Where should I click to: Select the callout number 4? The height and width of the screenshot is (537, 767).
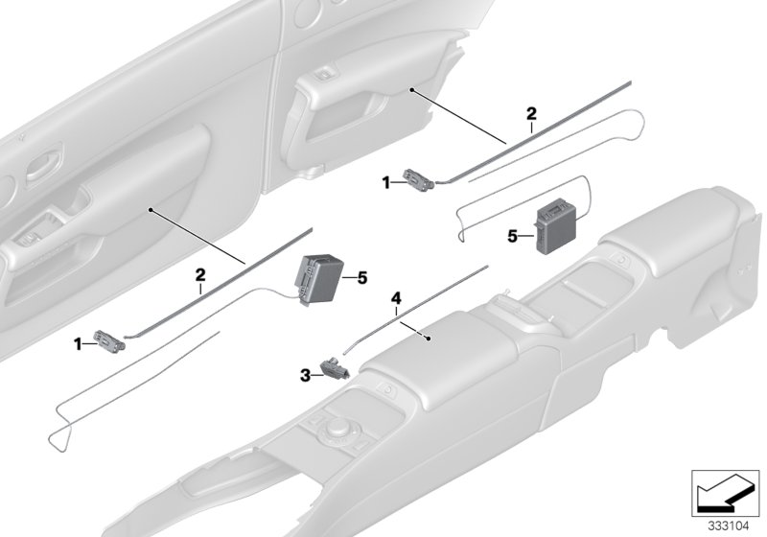coord(394,298)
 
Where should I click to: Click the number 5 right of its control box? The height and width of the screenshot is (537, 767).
coord(361,278)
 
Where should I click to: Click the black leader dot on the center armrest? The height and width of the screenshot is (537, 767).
coord(428,338)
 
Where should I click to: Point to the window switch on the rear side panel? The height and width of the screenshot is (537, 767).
coord(327,74)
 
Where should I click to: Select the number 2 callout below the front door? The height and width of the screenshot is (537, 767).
coord(201,274)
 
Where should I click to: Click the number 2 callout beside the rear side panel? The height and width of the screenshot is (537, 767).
coord(530,114)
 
